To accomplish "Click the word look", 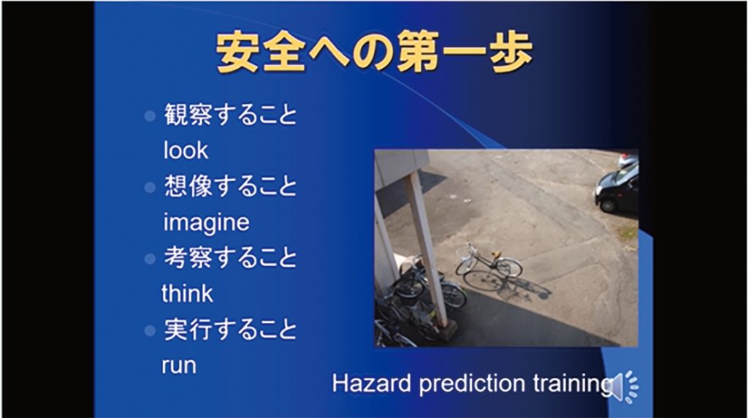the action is pos(186,151).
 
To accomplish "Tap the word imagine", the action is pos(206,223).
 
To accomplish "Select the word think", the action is pos(187,293).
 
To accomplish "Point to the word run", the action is pos(179,366).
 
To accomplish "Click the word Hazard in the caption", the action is pos(372,383).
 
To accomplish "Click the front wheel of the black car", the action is pos(608,205).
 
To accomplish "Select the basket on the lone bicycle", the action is pos(462,251).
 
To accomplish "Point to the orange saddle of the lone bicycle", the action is pos(497,254).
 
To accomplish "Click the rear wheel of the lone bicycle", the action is pos(509,267).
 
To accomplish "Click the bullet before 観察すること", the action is pos(150,116).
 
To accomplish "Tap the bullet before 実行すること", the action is pos(150,330).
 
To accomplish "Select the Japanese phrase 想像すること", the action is pos(230,186).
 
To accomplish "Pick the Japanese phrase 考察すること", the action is pos(230,258).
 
